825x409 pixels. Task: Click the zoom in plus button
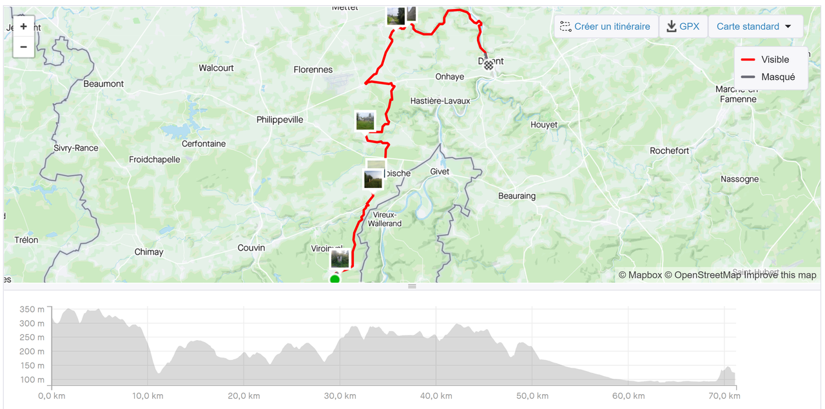click(24, 27)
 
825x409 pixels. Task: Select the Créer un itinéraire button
click(606, 26)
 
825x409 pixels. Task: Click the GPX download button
click(683, 26)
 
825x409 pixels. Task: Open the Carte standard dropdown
click(755, 26)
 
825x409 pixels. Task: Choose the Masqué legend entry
click(768, 77)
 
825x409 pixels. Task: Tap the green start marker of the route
click(335, 279)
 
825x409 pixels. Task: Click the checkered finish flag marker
click(489, 64)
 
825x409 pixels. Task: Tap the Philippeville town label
click(280, 120)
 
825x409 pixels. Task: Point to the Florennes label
click(313, 70)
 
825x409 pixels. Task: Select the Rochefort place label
click(669, 151)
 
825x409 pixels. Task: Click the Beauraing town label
click(517, 196)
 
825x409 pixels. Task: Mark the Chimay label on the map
click(149, 252)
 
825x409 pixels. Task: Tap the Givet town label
click(440, 172)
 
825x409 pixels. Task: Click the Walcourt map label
click(216, 68)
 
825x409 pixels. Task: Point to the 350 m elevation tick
click(32, 310)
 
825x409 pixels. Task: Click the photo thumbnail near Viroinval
click(340, 259)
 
